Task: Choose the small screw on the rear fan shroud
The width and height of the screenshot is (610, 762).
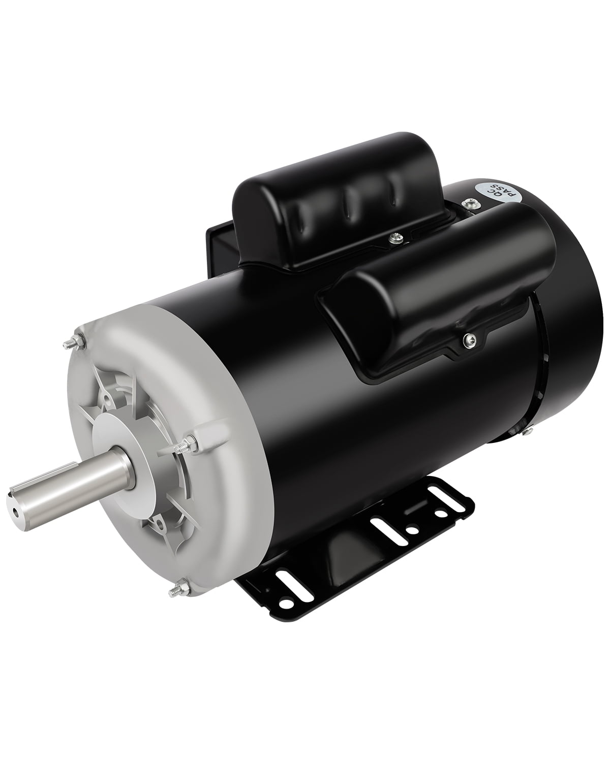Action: click(528, 433)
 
